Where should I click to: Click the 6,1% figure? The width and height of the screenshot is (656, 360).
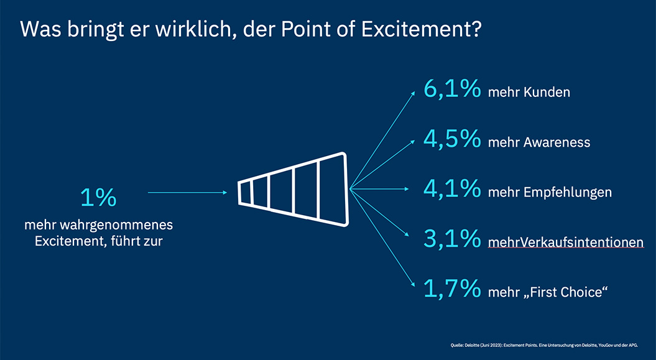pyautogui.click(x=452, y=89)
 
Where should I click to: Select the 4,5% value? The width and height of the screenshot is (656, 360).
pyautogui.click(x=452, y=139)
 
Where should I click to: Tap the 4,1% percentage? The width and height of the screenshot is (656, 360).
pyautogui.click(x=452, y=188)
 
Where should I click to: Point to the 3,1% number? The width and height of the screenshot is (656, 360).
pyautogui.click(x=452, y=238)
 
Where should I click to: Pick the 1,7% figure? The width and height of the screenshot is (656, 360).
pyautogui.click(x=452, y=288)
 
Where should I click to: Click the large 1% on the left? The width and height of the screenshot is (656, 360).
pyautogui.click(x=98, y=198)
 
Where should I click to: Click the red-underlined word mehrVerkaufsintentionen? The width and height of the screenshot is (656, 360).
pyautogui.click(x=566, y=242)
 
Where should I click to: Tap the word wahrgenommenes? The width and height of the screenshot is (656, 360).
pyautogui.click(x=131, y=224)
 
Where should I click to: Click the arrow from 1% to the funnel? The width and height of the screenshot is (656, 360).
pyautogui.click(x=187, y=193)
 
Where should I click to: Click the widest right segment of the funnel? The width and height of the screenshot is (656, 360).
pyautogui.click(x=332, y=189)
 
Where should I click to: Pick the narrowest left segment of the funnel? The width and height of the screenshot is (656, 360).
pyautogui.click(x=244, y=192)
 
